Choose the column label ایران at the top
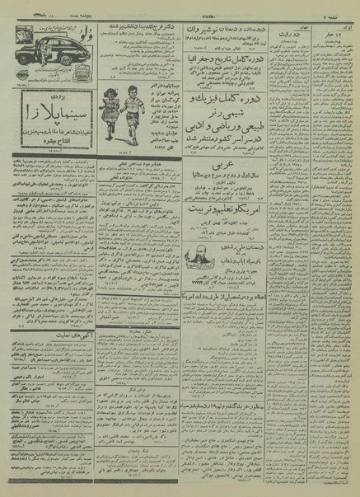[345, 21]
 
